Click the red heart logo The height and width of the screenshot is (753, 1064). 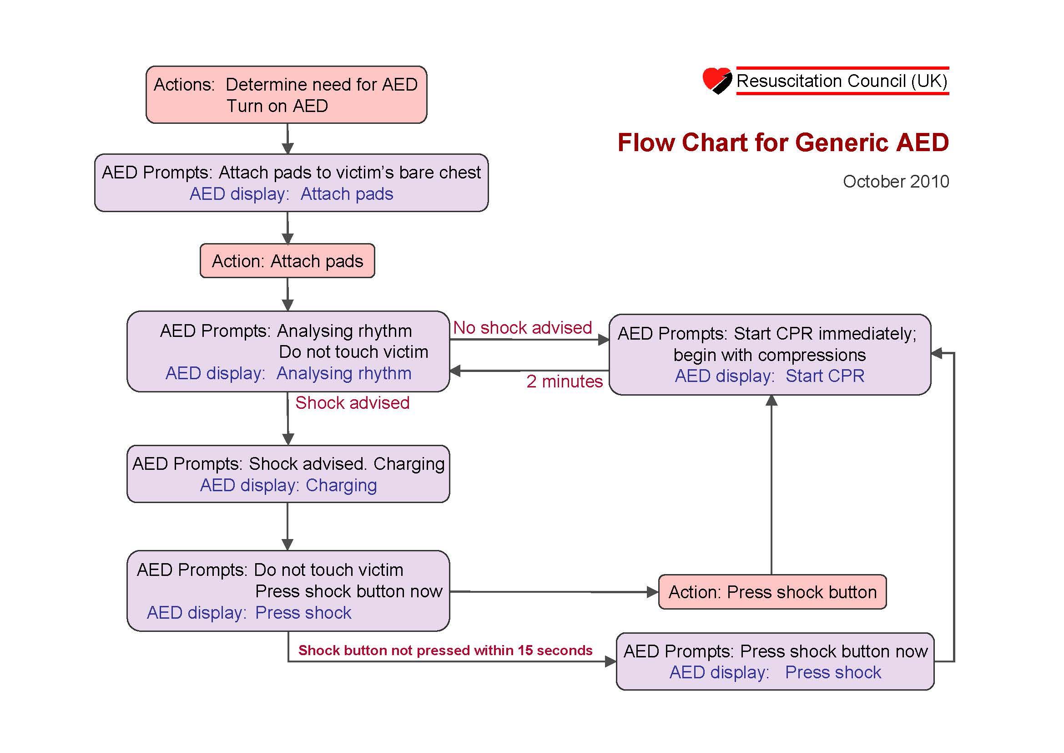[716, 80]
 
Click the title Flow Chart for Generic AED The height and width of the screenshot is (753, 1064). [783, 142]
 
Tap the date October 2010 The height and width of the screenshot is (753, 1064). [895, 181]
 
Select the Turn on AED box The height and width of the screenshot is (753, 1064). [286, 95]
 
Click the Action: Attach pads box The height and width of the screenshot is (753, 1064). [287, 261]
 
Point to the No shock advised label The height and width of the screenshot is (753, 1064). [522, 328]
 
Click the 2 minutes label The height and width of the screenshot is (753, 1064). [564, 382]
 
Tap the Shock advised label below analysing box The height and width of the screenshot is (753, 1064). [352, 403]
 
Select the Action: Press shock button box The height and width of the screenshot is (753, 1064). [772, 592]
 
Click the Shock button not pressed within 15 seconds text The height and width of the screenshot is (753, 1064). [445, 651]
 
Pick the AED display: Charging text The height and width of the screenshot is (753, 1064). [288, 485]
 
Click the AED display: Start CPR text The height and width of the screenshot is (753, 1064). [769, 376]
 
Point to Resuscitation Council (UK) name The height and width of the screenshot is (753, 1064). [842, 81]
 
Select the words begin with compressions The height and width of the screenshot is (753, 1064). [769, 355]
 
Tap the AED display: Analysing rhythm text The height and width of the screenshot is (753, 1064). [288, 374]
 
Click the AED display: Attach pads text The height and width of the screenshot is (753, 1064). [291, 194]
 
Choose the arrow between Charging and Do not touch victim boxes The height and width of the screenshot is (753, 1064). [287, 526]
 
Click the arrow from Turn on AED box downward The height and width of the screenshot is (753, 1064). [288, 138]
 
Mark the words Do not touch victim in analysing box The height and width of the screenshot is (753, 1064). [353, 352]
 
